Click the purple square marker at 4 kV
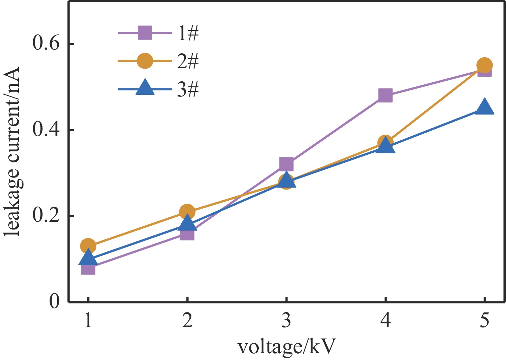pos(385,95)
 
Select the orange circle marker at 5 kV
pos(484,65)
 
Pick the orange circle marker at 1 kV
pos(88,246)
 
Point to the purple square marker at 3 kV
pos(286,164)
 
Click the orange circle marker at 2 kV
pos(187,212)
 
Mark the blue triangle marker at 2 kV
pos(187,223)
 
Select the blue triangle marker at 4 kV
pos(385,146)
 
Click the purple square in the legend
pos(145,33)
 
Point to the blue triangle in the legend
pos(145,88)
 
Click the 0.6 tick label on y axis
pos(46,44)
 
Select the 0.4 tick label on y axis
pos(46,130)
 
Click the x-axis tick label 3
pos(286,321)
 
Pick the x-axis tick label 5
pos(484,321)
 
